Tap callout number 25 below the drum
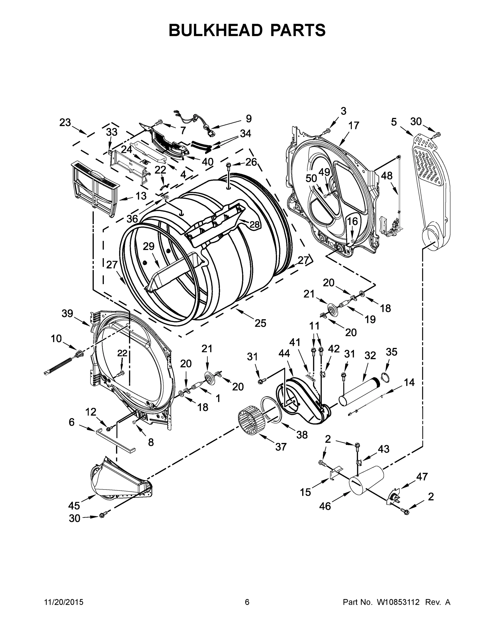(260, 323)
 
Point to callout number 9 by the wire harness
(248, 119)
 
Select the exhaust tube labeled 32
(361, 390)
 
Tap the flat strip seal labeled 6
(116, 441)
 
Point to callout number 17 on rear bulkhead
(354, 126)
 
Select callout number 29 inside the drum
(148, 246)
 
